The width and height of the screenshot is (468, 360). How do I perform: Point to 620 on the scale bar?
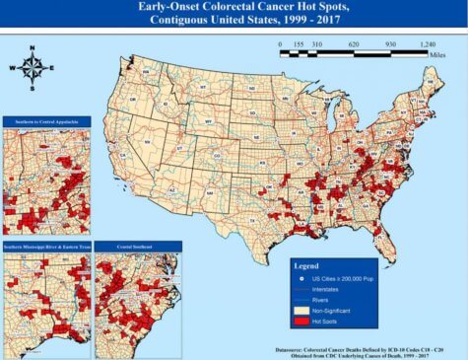(x=353, y=44)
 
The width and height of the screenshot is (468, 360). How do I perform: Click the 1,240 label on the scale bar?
(x=427, y=44)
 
